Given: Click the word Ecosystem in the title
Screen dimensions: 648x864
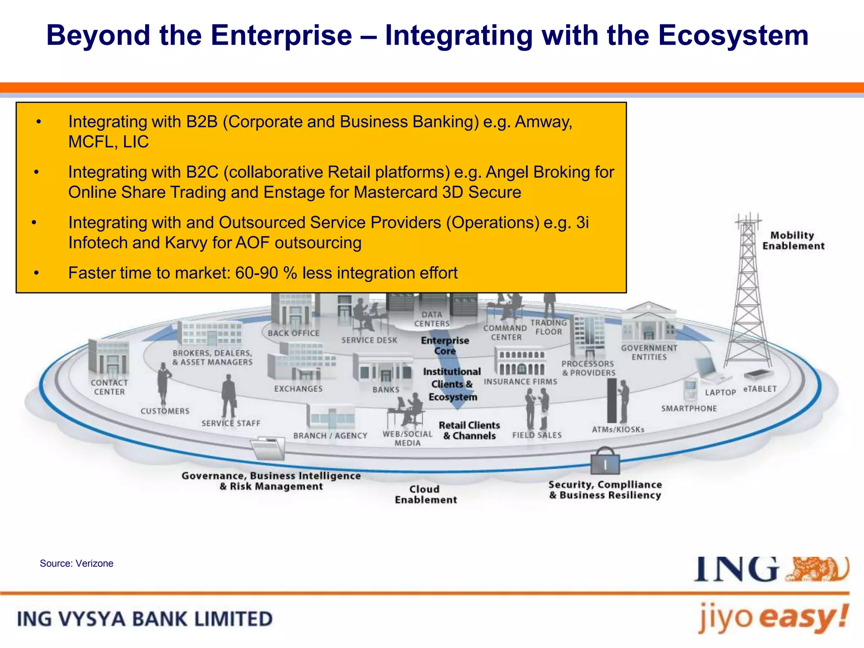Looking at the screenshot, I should [x=733, y=35].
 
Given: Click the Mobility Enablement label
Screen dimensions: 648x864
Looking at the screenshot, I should [x=793, y=241].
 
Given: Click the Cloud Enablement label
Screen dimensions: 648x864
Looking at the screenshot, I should [x=425, y=494].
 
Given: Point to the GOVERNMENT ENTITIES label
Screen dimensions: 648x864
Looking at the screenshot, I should [x=649, y=352].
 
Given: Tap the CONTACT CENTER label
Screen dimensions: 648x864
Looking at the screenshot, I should [x=109, y=387].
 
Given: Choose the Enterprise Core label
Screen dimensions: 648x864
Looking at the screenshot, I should [x=445, y=346].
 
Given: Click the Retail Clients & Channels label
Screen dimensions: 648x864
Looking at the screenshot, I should [x=469, y=431].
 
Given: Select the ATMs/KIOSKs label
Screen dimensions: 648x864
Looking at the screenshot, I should [x=618, y=429].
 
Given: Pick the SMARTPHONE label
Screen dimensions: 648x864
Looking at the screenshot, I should [x=688, y=408].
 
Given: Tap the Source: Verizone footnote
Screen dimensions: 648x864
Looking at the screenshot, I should [x=76, y=564].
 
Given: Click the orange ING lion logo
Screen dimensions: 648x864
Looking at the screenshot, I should [x=818, y=570].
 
